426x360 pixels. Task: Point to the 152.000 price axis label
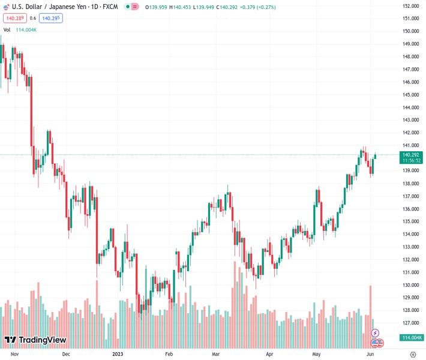click(410, 6)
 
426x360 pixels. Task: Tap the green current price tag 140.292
click(411, 154)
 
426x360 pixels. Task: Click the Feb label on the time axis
click(169, 355)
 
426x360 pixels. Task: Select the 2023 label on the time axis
click(117, 355)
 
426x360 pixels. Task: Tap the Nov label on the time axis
click(15, 355)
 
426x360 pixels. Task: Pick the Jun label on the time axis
click(370, 355)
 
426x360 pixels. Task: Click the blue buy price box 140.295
click(51, 18)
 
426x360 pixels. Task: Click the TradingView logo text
click(42, 340)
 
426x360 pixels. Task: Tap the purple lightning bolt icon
click(376, 333)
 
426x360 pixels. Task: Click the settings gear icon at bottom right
click(413, 355)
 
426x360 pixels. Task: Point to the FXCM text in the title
click(109, 7)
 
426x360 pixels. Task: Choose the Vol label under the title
click(7, 29)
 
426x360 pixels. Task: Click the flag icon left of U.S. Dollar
click(6, 7)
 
